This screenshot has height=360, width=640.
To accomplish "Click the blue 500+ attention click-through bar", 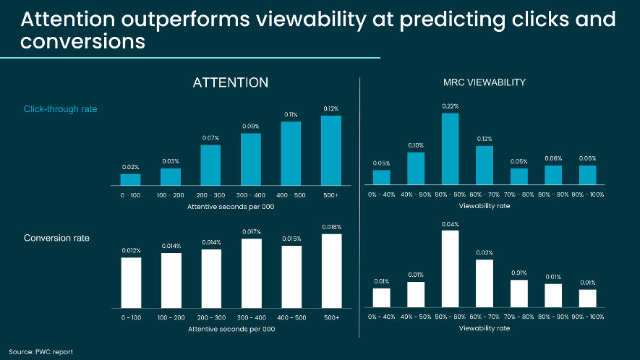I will (330, 150).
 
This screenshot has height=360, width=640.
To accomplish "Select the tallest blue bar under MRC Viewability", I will (450, 149).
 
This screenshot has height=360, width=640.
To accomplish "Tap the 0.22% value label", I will (450, 106).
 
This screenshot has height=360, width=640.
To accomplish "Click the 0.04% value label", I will (450, 224).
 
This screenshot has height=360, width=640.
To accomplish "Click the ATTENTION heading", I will (231, 83).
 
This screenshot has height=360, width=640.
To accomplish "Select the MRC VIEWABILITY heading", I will (484, 83).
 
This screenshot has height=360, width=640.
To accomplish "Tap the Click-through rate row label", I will (61, 109).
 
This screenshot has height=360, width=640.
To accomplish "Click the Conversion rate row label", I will (57, 238).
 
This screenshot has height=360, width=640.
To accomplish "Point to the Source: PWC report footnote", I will (40, 351).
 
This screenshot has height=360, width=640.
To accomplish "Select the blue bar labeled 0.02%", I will (130, 179).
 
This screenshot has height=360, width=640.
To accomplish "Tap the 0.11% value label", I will (291, 114).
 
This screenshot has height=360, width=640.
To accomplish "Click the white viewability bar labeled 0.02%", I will (484, 283).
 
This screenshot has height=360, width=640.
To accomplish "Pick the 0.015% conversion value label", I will (291, 239).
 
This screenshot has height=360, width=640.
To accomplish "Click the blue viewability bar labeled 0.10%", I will (415, 168).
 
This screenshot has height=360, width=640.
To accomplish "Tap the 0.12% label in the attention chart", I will (330, 109).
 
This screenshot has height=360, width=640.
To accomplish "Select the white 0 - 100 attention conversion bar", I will (130, 281).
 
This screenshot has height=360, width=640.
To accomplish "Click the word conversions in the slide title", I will (83, 43).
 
